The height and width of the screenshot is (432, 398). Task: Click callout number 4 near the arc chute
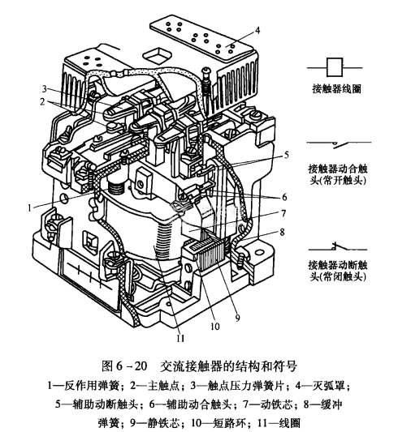(257, 30)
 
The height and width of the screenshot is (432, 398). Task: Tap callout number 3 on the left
(45, 89)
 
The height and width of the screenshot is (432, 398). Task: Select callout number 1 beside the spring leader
(29, 208)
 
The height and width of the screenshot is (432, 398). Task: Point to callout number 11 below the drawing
(180, 338)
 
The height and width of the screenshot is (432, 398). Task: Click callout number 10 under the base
(215, 326)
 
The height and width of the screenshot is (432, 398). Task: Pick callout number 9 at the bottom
(237, 318)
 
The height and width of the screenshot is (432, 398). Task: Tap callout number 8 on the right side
(282, 232)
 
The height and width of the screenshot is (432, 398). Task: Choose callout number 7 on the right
(283, 213)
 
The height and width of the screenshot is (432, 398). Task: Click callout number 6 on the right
(284, 197)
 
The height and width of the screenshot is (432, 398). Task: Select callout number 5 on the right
(286, 155)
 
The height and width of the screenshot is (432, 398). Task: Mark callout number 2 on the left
(42, 101)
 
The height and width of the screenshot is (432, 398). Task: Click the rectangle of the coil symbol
(335, 67)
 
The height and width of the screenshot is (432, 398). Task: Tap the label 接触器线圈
(336, 89)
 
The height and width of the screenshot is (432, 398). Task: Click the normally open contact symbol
(340, 144)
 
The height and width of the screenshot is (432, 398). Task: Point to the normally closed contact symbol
(338, 247)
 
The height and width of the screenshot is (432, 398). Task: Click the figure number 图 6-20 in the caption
(124, 366)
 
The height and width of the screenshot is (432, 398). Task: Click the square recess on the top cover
(158, 54)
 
